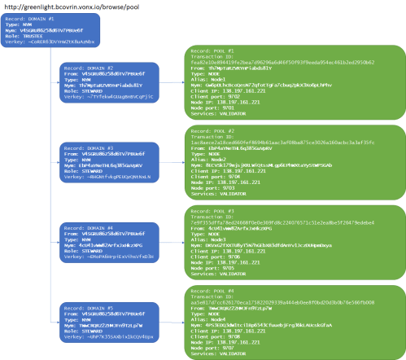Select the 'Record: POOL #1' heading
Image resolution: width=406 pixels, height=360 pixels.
[214, 50]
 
